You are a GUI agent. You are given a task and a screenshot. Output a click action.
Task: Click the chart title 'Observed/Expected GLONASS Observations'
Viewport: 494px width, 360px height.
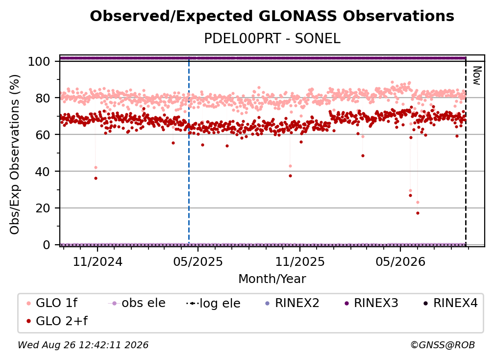(x=272, y=16)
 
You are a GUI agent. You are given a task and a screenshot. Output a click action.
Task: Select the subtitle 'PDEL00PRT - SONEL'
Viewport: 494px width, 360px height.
(x=272, y=39)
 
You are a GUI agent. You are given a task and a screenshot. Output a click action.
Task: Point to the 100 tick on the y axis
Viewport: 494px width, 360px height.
(x=44, y=61)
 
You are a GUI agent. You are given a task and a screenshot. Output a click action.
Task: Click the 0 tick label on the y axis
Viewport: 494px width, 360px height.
(x=47, y=245)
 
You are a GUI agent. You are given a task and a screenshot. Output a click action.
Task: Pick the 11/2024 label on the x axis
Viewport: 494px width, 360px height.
(x=98, y=261)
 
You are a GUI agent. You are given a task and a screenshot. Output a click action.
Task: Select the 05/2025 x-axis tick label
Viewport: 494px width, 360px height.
(x=198, y=261)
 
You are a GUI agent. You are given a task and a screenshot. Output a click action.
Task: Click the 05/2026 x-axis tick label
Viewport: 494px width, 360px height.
(x=400, y=261)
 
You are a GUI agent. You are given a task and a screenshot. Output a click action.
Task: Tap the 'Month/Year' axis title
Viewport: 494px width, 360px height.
(x=272, y=279)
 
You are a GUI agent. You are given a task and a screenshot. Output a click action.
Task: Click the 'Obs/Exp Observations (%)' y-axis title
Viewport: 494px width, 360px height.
(x=15, y=154)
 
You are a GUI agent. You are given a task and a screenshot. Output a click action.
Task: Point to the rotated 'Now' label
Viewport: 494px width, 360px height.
(x=477, y=76)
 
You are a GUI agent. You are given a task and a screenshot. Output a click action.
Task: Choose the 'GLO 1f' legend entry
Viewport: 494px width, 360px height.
(x=52, y=303)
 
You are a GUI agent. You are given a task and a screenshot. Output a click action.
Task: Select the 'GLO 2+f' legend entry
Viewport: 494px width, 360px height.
(x=57, y=321)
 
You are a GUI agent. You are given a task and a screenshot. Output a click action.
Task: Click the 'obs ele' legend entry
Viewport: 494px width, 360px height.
(x=137, y=303)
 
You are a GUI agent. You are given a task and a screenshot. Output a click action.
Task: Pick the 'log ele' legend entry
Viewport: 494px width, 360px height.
(x=213, y=303)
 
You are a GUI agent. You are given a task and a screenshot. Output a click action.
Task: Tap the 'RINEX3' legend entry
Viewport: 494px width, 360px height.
(x=371, y=303)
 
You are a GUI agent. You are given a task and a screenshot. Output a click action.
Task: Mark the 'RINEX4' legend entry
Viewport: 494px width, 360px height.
(x=450, y=303)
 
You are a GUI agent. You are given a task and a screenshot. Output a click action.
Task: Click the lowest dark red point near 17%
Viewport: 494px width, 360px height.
(x=418, y=213)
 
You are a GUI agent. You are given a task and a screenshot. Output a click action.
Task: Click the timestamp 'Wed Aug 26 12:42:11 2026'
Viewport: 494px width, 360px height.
(x=83, y=345)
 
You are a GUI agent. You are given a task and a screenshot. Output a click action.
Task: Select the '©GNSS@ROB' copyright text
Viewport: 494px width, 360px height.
(x=443, y=345)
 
